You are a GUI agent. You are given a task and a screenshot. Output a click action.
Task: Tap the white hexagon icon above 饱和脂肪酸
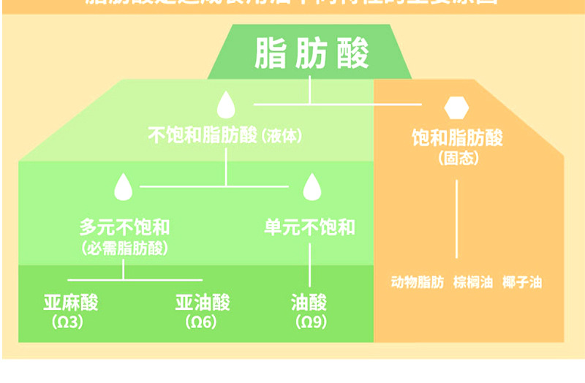pos(456,108)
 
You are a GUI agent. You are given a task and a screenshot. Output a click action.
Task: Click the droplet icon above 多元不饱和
pos(123,186)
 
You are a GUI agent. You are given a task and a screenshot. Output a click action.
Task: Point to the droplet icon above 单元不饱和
pos(312,186)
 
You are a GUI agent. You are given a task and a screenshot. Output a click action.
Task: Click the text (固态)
pos(457,157)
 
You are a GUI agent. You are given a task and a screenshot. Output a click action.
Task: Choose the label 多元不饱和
pos(124,227)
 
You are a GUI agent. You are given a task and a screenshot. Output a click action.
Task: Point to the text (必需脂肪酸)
pos(124,248)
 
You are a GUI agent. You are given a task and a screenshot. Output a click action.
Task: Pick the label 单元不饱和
pos(310,227)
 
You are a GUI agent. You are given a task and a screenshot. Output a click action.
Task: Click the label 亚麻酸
pos(70,303)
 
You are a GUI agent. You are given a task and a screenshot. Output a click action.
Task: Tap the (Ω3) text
pos(69,322)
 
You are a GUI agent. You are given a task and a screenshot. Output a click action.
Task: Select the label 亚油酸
pos(203,303)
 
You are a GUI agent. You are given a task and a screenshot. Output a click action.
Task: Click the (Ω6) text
pos(201,322)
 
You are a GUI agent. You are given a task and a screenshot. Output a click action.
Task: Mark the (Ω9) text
pos(309,322)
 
